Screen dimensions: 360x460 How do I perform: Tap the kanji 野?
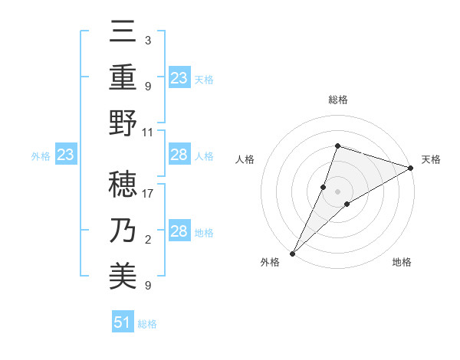pos(124,123)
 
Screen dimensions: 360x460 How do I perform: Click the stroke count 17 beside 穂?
pos(148,194)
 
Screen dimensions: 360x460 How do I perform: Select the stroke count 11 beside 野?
pos(148,131)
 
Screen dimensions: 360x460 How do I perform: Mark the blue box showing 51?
pos(123,322)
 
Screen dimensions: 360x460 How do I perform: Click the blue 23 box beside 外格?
pos(65,155)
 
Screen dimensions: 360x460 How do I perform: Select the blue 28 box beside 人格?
pos(179,155)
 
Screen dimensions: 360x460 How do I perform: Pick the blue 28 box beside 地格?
pos(179,231)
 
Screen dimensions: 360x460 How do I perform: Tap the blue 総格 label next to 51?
pos(147,324)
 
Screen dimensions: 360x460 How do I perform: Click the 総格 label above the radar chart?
pos(337,100)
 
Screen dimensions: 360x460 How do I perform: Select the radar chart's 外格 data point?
pos(292,253)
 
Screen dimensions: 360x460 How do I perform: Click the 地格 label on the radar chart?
pos(402,262)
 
